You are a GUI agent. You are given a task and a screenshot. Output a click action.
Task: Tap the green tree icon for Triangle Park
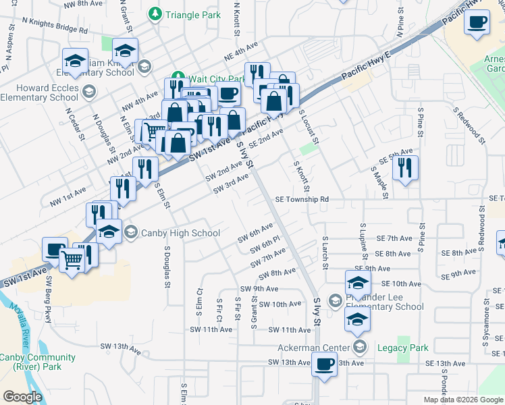(x=156, y=13)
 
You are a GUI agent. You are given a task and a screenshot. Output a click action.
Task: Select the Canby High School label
(x=180, y=234)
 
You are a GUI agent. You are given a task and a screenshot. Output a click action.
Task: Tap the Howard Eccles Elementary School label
(x=39, y=92)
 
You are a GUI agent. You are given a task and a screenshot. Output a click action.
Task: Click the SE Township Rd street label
(x=302, y=200)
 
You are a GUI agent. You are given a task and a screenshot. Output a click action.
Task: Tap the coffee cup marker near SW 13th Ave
(x=324, y=366)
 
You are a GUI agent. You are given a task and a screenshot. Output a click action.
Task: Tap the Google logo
(x=22, y=396)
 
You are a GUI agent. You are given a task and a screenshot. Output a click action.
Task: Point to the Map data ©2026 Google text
(x=463, y=400)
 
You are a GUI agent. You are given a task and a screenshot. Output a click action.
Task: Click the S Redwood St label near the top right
(x=470, y=126)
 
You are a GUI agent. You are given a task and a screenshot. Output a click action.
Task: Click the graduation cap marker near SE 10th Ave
(x=358, y=282)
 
